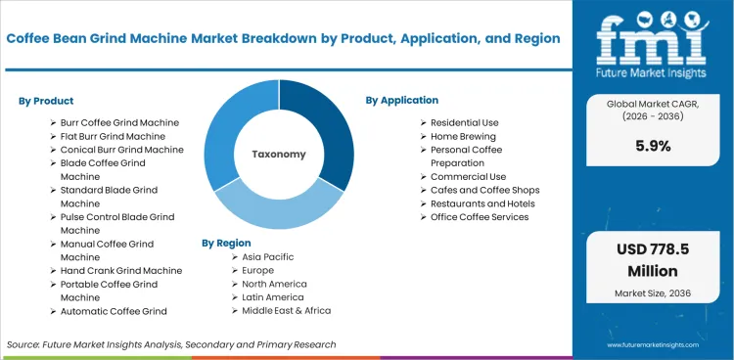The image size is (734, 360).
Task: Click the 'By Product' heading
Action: (x=46, y=101)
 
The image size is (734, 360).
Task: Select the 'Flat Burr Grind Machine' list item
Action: (x=113, y=136)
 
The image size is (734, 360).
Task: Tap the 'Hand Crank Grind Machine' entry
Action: (x=120, y=270)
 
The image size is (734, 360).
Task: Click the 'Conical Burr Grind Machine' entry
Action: (x=121, y=150)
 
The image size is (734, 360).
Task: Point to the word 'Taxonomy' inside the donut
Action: (x=279, y=154)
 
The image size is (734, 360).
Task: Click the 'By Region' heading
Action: (x=226, y=242)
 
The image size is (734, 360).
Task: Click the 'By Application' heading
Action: (x=402, y=100)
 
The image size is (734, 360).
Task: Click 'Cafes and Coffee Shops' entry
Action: (x=484, y=190)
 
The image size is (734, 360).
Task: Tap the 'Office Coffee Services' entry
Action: (x=480, y=217)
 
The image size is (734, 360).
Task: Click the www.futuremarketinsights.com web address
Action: (x=654, y=345)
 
